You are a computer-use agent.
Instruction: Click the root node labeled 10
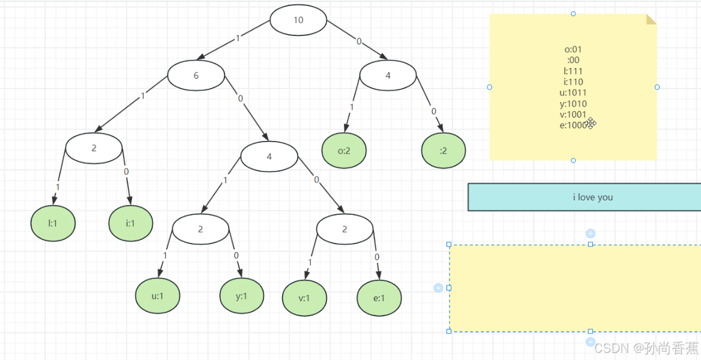pos(298,20)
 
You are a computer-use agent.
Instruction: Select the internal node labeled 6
pos(196,76)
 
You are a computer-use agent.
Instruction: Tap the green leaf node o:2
pos(344,151)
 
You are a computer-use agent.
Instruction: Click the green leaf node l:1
pos(53,223)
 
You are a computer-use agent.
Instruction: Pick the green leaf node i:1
pos(130,223)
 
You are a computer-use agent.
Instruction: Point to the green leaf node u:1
pos(157,296)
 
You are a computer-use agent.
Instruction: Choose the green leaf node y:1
pos(241,296)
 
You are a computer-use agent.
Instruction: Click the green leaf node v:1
pos(304,298)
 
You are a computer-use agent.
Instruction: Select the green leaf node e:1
pos(379,298)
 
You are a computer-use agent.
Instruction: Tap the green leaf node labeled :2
pos(444,151)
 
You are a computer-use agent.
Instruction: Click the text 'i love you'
pos(592,197)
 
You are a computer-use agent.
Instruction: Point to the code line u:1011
pos(573,92)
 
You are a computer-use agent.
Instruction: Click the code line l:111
pos(573,71)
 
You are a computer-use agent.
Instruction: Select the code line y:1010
pos(573,103)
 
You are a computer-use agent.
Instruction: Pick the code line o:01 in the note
pos(573,49)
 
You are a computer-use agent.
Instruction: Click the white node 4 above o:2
pos(388,76)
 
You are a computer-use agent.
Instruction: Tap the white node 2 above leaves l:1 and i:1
pos(94,148)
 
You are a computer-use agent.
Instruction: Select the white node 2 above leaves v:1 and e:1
pos(344,229)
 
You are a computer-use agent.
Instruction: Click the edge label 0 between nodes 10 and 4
pos(359,41)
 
